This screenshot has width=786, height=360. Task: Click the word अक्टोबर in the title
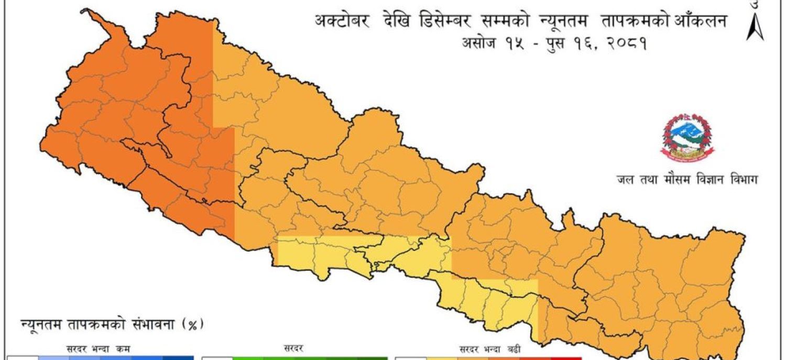[341, 22]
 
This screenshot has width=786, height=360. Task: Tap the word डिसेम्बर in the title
[444, 22]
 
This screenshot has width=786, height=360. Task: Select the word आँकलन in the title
[700, 22]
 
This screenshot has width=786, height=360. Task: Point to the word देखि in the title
[390, 22]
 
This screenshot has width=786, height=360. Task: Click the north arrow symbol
[755, 26]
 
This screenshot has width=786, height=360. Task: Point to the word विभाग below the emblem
[742, 179]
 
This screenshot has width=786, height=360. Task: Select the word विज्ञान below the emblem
[710, 179]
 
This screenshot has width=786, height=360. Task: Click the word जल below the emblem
[625, 179]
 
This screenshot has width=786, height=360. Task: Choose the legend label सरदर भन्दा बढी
[490, 348]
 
